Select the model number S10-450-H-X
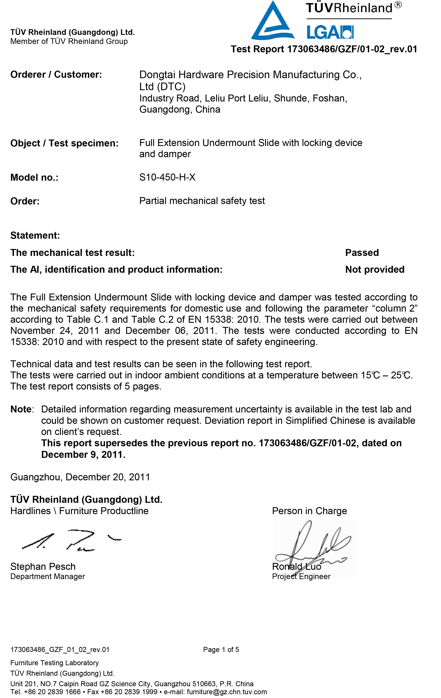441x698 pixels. (167, 177)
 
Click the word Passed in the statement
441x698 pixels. (362, 253)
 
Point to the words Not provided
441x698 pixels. (375, 269)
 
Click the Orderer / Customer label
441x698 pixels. (56, 75)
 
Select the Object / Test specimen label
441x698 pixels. (64, 143)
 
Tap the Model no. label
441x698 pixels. (34, 177)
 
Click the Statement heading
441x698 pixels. (35, 235)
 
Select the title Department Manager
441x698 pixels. (47, 577)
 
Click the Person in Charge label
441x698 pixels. (309, 511)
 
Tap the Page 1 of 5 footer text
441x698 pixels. (221, 650)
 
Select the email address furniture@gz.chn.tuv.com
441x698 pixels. (227, 692)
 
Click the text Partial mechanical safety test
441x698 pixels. (202, 201)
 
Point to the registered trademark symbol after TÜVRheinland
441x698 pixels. (398, 5)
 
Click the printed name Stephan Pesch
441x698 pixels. (43, 566)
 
